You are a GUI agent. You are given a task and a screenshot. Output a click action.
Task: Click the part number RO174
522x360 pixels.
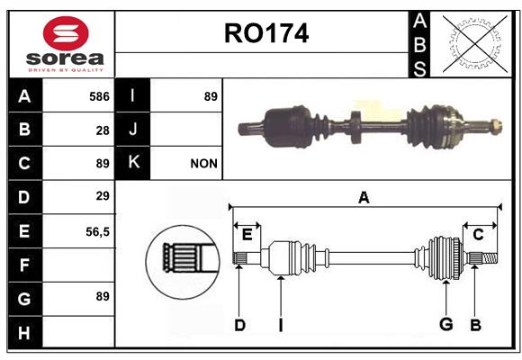[x=266, y=33]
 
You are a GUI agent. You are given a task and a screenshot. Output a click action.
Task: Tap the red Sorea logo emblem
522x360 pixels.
[x=66, y=33]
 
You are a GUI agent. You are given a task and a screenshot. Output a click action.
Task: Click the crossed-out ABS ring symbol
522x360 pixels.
[x=475, y=43]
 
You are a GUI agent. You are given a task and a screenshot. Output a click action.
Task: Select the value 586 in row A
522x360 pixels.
[x=99, y=96]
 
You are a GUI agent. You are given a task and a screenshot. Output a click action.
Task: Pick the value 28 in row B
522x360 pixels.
[x=103, y=130]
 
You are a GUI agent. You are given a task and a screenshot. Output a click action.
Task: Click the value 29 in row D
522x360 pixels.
[x=103, y=196]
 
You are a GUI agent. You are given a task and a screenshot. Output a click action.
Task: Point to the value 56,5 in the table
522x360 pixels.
[x=97, y=232]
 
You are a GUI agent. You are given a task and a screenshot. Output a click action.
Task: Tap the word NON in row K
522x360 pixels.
[x=203, y=164]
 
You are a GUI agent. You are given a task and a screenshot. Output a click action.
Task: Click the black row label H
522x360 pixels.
[x=25, y=332]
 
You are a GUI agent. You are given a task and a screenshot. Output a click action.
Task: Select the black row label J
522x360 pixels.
[x=132, y=130]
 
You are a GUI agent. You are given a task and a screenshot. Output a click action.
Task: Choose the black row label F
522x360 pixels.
[x=25, y=265]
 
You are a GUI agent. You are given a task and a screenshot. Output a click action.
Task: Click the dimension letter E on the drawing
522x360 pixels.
[x=247, y=235]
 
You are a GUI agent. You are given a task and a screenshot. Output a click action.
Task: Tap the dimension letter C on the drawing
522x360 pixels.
[x=478, y=235]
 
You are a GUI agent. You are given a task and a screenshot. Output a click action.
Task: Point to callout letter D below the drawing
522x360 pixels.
[x=239, y=325]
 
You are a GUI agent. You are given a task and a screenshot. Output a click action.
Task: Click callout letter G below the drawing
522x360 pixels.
[x=446, y=324]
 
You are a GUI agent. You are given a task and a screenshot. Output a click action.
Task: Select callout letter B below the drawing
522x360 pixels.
[x=475, y=325]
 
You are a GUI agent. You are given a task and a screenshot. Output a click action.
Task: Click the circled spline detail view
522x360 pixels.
[x=183, y=262]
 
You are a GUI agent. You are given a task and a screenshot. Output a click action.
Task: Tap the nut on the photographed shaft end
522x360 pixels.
[x=497, y=126]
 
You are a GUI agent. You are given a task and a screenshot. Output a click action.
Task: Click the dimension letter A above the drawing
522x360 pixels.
[x=364, y=198]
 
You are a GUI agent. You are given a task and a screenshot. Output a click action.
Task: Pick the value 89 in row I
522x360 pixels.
[x=211, y=96]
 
